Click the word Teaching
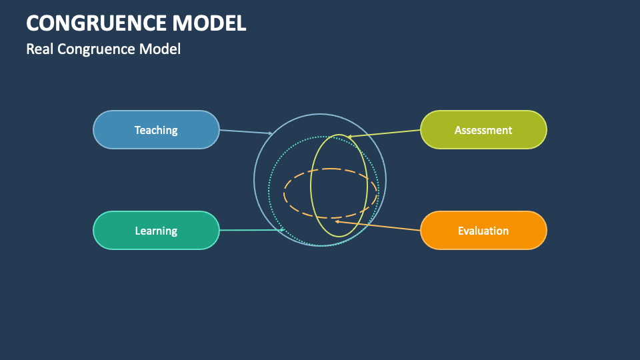tap(156, 130)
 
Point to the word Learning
tap(156, 231)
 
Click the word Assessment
tap(483, 130)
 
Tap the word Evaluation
tap(483, 231)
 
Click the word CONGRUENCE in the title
tap(97, 23)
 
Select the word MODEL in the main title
tap(209, 23)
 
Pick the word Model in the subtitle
tap(160, 49)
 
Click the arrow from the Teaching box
tap(245, 131)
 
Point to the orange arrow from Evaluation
tap(379, 226)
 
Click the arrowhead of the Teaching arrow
tap(270, 133)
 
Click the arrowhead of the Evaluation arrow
tap(338, 221)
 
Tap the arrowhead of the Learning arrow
tap(283, 230)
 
